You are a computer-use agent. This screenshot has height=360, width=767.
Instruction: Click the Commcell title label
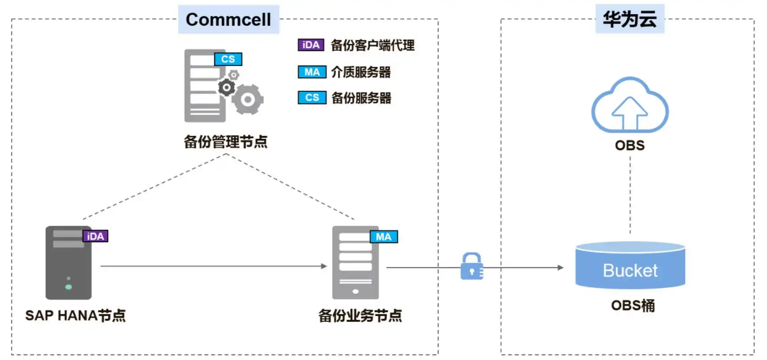coord(228,20)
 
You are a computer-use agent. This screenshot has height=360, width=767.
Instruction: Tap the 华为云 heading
coord(629,19)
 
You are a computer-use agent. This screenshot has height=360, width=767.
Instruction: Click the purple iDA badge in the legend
coord(311,45)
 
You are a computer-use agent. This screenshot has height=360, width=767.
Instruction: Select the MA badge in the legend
coord(311,72)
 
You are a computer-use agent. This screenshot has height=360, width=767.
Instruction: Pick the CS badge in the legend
coord(311,98)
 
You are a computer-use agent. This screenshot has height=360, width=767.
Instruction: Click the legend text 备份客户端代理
coord(372,45)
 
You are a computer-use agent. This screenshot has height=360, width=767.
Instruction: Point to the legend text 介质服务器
coord(361,72)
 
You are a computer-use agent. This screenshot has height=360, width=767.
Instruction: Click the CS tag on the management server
coord(228,59)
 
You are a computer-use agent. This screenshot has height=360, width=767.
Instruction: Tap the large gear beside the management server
coord(248,99)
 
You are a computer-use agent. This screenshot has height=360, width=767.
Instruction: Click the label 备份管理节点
coord(226,142)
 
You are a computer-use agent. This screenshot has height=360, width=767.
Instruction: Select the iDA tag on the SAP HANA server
coord(95,236)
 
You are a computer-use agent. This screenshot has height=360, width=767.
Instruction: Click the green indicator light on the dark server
coord(68,287)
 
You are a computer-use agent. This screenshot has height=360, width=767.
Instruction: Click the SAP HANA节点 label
coord(75,315)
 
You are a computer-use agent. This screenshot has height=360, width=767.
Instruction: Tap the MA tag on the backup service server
coord(383,237)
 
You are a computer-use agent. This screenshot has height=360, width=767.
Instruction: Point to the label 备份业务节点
coord(360,315)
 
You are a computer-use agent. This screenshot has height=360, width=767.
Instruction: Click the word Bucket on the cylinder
coord(630,270)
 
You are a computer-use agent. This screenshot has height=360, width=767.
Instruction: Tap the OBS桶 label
coord(632,306)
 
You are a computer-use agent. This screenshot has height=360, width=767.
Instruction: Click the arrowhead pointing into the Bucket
coord(560,268)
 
